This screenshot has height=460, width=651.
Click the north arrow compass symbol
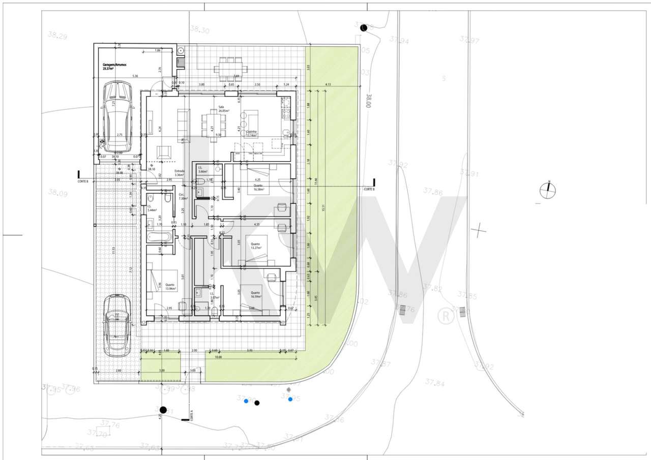click(x=548, y=191)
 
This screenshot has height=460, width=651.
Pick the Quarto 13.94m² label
click(x=170, y=287)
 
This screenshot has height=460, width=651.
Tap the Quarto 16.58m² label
click(x=258, y=188)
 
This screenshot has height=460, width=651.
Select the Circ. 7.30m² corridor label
click(x=182, y=197)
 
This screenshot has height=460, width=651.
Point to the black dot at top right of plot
click(x=363, y=28)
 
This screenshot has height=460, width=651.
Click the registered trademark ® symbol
click(x=446, y=316)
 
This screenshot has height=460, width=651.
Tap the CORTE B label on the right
click(x=369, y=189)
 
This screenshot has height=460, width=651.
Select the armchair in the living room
click(x=164, y=151)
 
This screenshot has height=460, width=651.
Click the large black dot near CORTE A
click(x=163, y=410)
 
